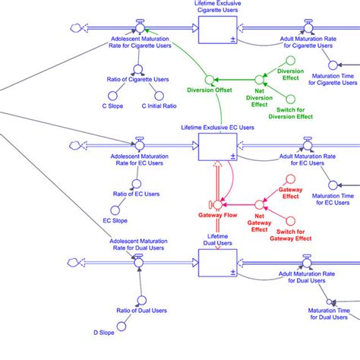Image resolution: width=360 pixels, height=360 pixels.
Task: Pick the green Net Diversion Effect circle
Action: (x=258, y=78)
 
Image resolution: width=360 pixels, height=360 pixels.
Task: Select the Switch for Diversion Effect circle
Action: (x=289, y=96)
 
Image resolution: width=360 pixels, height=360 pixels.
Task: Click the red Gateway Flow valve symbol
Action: (x=216, y=204)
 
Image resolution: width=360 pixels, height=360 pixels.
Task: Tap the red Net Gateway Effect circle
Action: (x=260, y=204)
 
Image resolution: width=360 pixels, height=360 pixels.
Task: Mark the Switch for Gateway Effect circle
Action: (x=289, y=220)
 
